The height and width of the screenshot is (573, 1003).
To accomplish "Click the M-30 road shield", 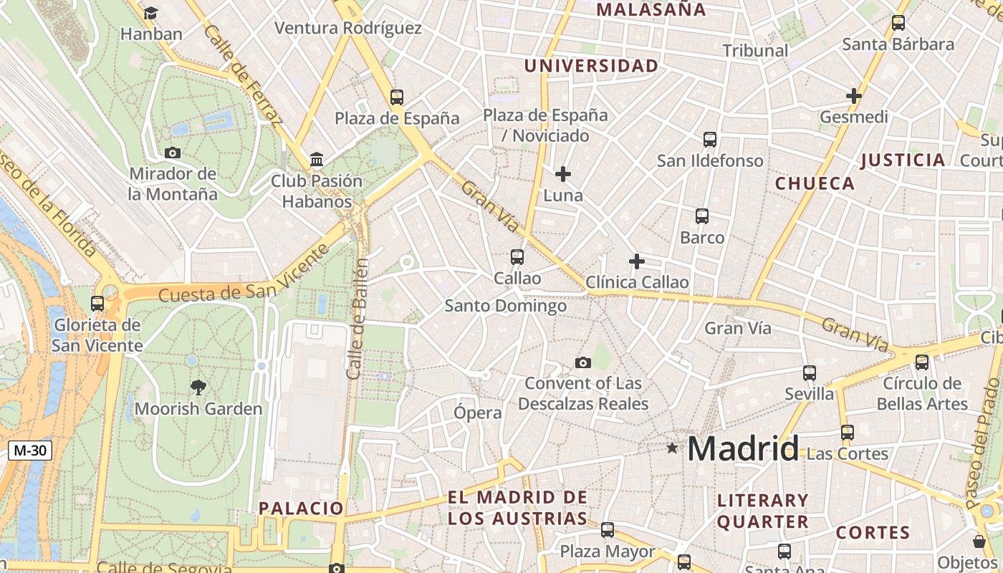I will pyautogui.click(x=30, y=451).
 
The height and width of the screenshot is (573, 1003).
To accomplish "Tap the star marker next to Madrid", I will pyautogui.click(x=672, y=448).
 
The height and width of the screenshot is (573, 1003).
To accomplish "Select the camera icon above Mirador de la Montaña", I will pyautogui.click(x=173, y=153).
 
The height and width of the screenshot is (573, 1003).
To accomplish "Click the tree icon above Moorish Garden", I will pyautogui.click(x=198, y=387).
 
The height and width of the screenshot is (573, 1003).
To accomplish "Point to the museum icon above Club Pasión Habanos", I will pyautogui.click(x=317, y=159).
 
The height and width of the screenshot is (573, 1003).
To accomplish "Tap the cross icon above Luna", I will pyautogui.click(x=563, y=173).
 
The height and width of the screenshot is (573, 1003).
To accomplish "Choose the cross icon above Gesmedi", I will pyautogui.click(x=853, y=95).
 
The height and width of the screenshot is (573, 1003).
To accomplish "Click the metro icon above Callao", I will pyautogui.click(x=517, y=256).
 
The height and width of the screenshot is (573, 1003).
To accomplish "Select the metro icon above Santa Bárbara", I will pyautogui.click(x=898, y=23).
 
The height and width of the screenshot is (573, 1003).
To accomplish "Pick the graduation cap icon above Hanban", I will pyautogui.click(x=150, y=13).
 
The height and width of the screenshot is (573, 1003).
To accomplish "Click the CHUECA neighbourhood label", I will pyautogui.click(x=815, y=183).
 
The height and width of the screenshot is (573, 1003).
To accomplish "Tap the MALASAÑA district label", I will pyautogui.click(x=651, y=10).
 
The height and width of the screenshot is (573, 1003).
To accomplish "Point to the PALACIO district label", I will pyautogui.click(x=301, y=509).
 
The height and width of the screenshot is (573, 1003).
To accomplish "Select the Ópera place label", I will pyautogui.click(x=478, y=413).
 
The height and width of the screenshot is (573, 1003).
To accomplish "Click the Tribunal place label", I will pyautogui.click(x=755, y=51).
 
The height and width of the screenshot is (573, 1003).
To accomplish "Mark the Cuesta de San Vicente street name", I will pyautogui.click(x=244, y=275).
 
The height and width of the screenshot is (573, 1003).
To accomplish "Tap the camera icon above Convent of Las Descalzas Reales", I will pyautogui.click(x=583, y=362).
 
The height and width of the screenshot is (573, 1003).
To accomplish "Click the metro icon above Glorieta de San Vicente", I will pyautogui.click(x=97, y=304).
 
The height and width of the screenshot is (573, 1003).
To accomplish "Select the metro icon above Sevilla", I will pyautogui.click(x=810, y=373).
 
